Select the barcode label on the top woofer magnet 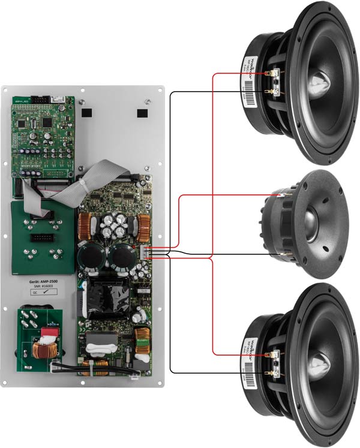coord(251,84)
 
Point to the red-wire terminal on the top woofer coord(275,73)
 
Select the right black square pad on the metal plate coord(142,113)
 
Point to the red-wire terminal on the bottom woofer coord(275,354)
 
